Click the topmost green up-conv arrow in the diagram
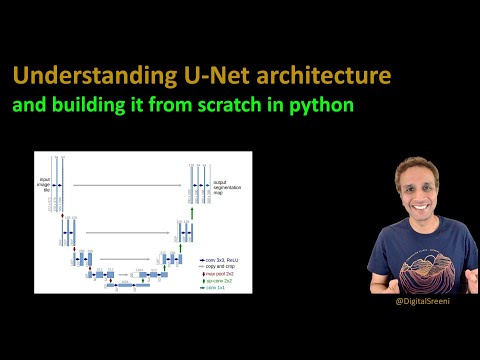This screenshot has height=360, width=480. click(x=191, y=212)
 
